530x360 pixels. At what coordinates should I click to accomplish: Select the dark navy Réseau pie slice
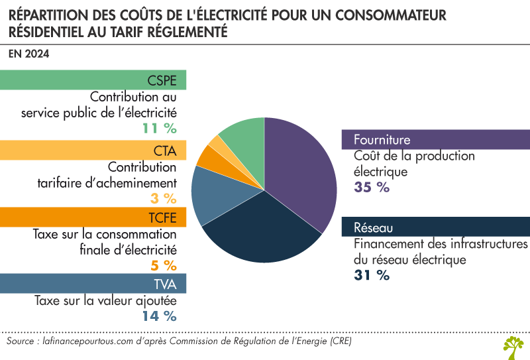262,229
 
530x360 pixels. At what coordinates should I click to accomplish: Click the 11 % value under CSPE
158,128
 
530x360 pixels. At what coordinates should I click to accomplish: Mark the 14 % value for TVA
159,316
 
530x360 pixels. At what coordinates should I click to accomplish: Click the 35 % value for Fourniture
372,187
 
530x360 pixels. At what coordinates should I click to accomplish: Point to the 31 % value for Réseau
372,275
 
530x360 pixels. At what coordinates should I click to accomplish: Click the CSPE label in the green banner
162,81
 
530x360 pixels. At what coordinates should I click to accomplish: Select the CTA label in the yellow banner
165,150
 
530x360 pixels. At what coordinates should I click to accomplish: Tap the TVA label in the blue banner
165,284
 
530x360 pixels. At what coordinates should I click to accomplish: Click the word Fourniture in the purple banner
382,140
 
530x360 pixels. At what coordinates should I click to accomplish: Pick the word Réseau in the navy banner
374,228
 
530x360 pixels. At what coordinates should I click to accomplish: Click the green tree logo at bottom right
513,344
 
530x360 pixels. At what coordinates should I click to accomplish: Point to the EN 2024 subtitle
28,53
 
